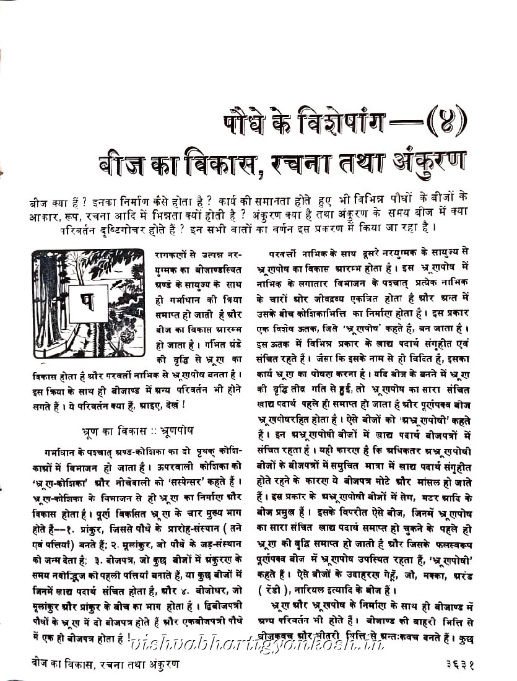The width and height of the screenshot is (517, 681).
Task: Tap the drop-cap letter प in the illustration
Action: tap(87, 303)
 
